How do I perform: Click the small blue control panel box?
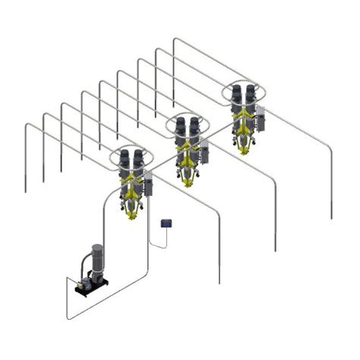166,223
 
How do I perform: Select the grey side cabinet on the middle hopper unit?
205,146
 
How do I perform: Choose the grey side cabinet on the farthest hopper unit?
261,115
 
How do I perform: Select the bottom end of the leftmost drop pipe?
26,191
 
